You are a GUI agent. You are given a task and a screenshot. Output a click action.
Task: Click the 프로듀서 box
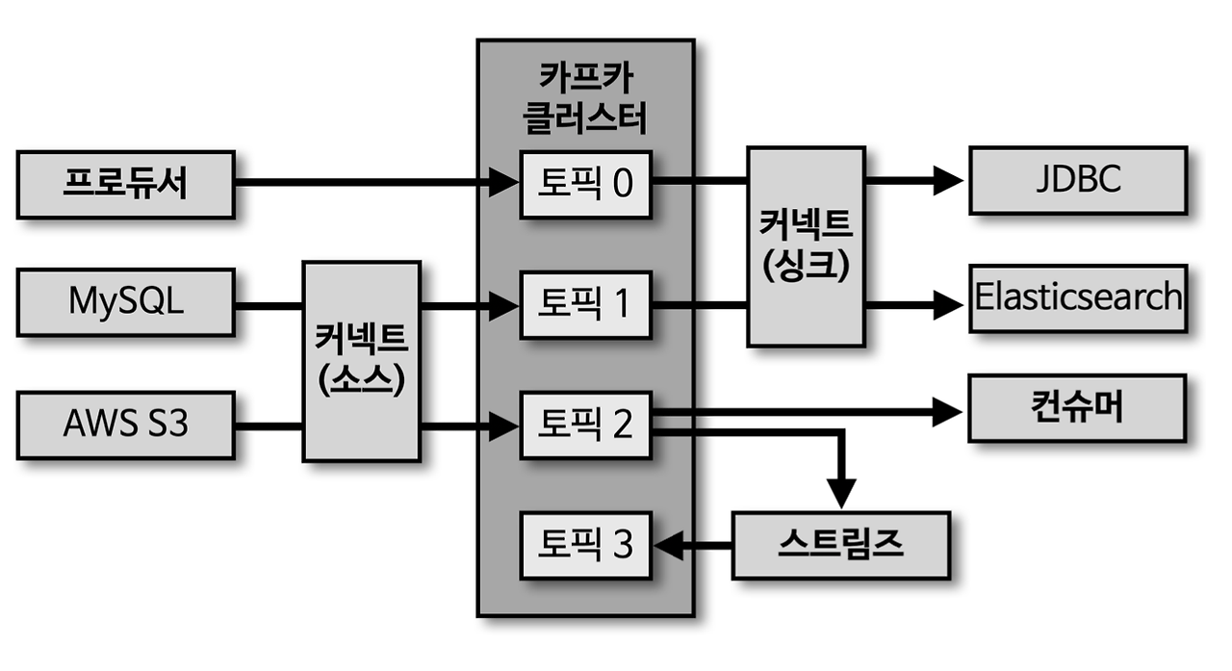coord(125,184)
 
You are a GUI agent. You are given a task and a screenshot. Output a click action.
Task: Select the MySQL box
coord(125,302)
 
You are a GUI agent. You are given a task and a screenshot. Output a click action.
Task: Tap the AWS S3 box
coord(125,425)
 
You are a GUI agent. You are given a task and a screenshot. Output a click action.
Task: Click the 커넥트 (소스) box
coord(361,360)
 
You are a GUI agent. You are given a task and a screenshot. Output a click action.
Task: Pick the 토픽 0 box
coord(585,184)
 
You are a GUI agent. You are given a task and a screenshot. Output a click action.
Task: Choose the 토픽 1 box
coord(585,305)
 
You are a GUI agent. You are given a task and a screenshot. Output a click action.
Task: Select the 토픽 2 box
coord(585,425)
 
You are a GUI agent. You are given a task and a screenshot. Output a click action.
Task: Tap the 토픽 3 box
coord(585,546)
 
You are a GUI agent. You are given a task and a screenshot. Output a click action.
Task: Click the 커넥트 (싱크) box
coord(805,245)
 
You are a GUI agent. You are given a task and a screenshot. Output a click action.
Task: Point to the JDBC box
coord(1077,180)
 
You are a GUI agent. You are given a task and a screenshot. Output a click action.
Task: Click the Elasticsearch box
coord(1077,297)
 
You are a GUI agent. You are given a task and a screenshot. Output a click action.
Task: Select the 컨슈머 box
coord(1077,409)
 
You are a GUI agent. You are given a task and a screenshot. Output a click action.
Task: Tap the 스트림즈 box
coord(839,545)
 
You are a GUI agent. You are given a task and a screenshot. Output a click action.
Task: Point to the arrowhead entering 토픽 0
coord(505,180)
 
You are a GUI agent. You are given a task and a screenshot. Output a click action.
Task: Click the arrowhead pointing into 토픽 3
coord(668,546)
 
